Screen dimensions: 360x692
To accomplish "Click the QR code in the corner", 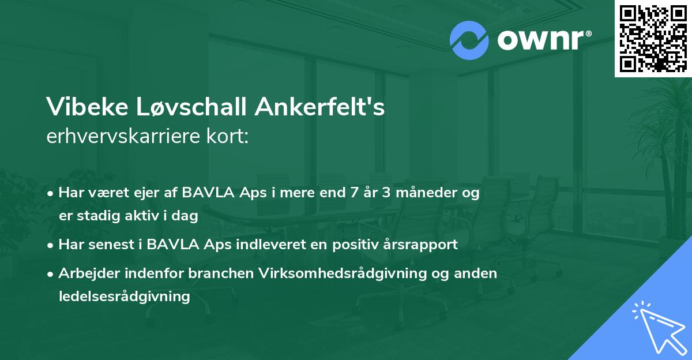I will (653, 38).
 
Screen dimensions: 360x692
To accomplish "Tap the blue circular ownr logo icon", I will (469, 40).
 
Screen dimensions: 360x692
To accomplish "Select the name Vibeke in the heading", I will (86, 107).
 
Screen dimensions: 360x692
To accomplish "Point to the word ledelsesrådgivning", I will (124, 297).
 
